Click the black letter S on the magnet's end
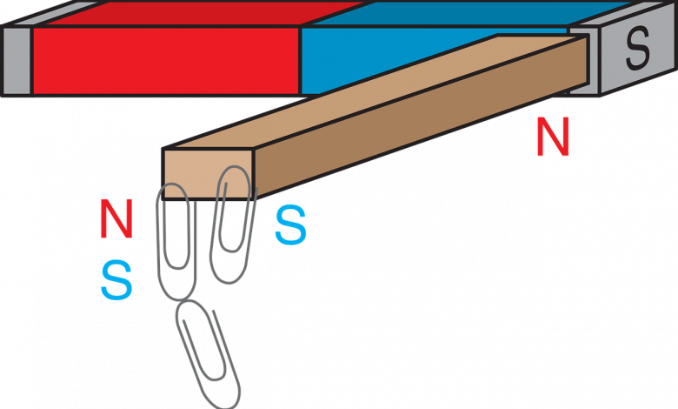coord(637,50)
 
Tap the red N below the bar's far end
coord(553,138)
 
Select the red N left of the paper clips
coord(116,218)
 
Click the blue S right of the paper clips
coord(290,226)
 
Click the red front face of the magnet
coord(165,59)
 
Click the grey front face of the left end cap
coord(17,59)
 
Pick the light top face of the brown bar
coord(365,96)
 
